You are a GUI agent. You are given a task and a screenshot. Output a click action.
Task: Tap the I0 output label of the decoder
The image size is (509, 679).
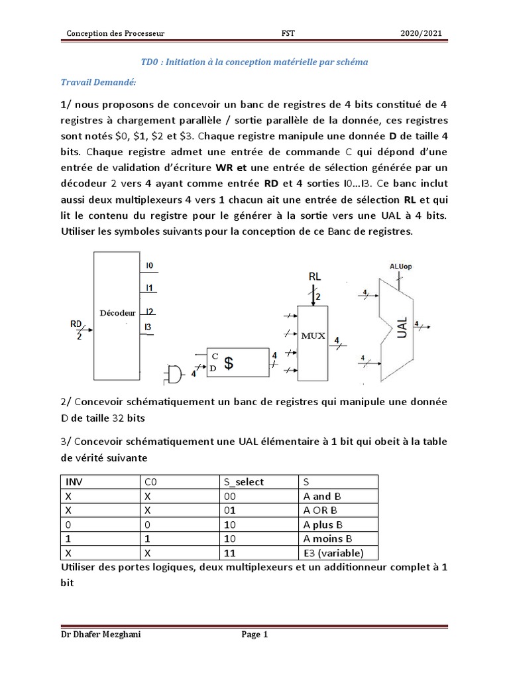[x=150, y=265]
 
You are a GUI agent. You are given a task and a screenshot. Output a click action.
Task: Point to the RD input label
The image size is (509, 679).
[x=76, y=324]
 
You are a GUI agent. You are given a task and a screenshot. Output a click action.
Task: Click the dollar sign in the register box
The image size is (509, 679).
[x=229, y=363]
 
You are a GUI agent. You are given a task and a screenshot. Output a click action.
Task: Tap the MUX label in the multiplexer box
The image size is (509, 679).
[x=313, y=336]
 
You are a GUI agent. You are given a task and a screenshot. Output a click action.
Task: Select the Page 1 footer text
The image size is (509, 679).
[x=254, y=635]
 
